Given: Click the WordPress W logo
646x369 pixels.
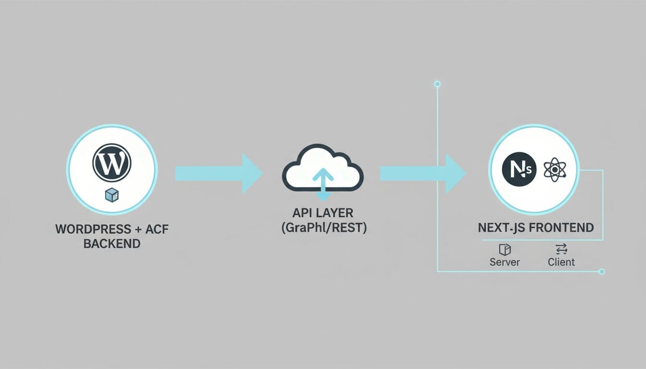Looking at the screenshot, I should (x=112, y=163).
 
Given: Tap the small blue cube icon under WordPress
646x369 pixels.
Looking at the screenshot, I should (x=112, y=195).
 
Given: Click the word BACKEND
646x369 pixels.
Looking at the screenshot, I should (x=112, y=244).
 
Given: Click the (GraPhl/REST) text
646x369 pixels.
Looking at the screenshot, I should (x=323, y=227).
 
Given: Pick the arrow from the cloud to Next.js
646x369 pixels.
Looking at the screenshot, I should (x=422, y=173).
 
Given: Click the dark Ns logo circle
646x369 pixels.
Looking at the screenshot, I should (x=519, y=170).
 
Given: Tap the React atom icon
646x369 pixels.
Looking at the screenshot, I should (x=555, y=170).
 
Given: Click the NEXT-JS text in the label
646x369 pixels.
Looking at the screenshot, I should (x=500, y=227).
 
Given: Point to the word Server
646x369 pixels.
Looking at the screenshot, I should (x=505, y=262).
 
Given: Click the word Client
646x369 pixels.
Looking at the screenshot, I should (x=561, y=262).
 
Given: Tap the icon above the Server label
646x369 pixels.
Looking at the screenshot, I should (x=505, y=249).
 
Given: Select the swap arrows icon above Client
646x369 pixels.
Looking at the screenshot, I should (x=561, y=248).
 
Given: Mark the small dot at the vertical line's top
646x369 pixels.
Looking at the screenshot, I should (x=437, y=84).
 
